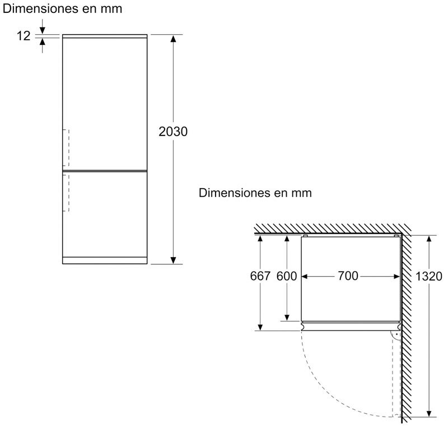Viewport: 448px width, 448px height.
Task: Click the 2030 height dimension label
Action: [173, 132]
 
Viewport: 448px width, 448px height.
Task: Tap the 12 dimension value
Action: [24, 36]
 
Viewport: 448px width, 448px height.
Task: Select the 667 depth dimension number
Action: [260, 276]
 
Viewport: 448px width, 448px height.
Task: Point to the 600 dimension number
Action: [287, 276]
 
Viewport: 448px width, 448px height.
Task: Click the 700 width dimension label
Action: [348, 276]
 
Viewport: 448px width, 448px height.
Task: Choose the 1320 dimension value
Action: [428, 276]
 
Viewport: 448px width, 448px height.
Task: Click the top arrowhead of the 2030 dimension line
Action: [173, 39]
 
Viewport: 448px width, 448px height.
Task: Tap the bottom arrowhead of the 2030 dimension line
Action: [173, 260]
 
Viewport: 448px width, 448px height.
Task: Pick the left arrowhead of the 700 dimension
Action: [305, 276]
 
